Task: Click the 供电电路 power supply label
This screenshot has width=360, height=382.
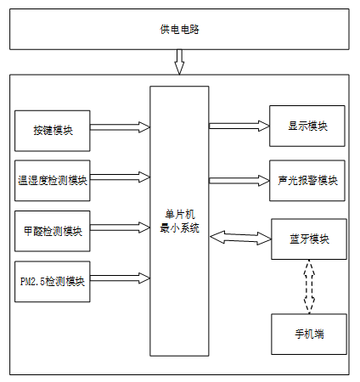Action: click(x=179, y=29)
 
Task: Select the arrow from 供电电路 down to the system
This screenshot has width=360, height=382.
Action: click(x=179, y=62)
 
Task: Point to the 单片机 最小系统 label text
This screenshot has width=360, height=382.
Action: click(x=180, y=222)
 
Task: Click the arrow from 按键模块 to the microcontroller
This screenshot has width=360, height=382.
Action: click(x=120, y=127)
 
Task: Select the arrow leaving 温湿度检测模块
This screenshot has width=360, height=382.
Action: click(x=120, y=177)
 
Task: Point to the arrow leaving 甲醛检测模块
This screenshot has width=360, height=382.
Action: click(x=120, y=228)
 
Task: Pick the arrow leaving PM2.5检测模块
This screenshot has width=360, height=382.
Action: click(x=120, y=278)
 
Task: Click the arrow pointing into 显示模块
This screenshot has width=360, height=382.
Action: click(x=239, y=126)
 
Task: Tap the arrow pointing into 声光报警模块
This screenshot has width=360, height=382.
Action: click(x=239, y=181)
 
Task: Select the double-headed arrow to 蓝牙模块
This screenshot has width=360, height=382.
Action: click(x=240, y=238)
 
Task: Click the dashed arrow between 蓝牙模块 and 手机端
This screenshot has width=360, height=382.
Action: click(x=309, y=286)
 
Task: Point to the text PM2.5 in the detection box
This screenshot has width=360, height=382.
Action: click(x=32, y=282)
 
